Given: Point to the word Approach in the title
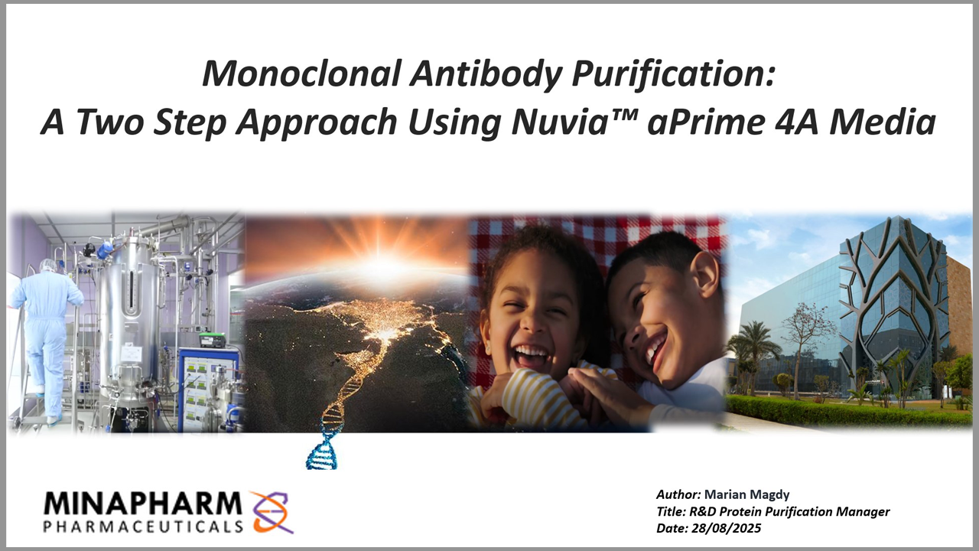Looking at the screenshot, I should click(320, 122).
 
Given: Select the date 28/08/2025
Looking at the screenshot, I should click(726, 528).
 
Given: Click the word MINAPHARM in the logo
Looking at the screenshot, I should click(142, 504).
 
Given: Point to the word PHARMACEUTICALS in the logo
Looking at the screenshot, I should click(144, 527).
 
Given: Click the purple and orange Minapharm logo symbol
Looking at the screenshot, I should click(272, 512).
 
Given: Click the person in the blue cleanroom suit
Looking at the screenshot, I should click(47, 337).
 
